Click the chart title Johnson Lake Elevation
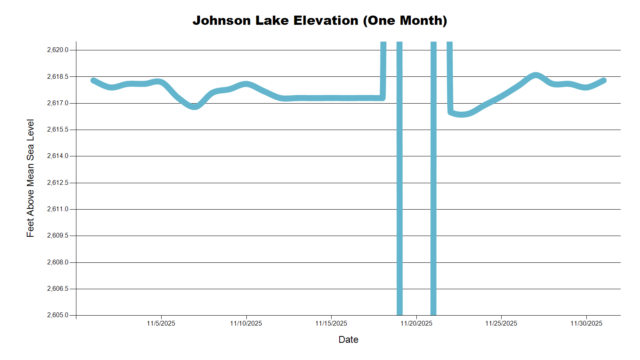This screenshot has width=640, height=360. coord(320,20)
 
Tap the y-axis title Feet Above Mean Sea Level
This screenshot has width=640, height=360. coord(30,178)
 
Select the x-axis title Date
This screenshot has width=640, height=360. coord(348,340)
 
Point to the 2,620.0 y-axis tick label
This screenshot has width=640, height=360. coord(58,50)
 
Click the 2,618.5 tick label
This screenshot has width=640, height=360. coord(58,76)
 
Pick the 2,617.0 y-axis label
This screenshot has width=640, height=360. coord(58,103)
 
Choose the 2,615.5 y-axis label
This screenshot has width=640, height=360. coord(58,130)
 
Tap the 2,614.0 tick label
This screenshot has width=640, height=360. coord(58,156)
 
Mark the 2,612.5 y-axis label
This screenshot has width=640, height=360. coord(58,183)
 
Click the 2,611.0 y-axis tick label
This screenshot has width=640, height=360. coord(58,209)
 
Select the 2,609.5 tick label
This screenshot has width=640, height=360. coord(58,236)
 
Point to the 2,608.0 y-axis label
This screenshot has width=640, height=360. coord(58,262)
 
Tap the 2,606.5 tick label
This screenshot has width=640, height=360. coord(58,289)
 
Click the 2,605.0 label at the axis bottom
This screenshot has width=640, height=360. coord(58,315)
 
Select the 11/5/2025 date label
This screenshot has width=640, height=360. coord(161,324)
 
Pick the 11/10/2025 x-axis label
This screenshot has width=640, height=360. coord(246,324)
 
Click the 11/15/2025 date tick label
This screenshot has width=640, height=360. coord(331,324)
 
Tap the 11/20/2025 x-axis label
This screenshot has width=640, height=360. coord(416,324)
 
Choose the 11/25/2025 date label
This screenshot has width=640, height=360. coord(501,324)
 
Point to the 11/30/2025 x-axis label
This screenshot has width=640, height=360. coord(586,324)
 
